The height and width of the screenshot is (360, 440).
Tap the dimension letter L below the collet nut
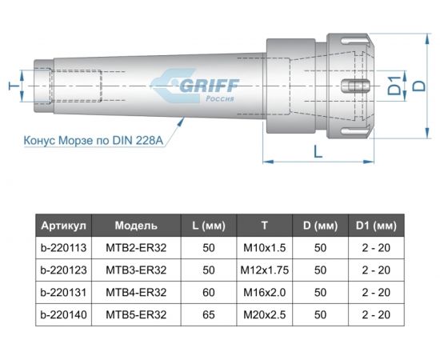click(x=319, y=150)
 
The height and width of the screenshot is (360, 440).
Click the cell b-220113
click(x=66, y=248)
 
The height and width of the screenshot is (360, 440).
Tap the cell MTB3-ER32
click(x=136, y=270)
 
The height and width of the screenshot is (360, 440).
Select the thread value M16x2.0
click(x=264, y=293)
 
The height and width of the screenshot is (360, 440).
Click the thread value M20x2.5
click(x=264, y=315)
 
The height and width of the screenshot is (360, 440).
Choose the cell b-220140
click(x=66, y=315)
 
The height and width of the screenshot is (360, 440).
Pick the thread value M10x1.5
click(x=264, y=248)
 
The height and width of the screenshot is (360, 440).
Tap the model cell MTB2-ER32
click(x=136, y=248)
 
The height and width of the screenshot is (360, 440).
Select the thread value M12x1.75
click(x=264, y=270)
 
